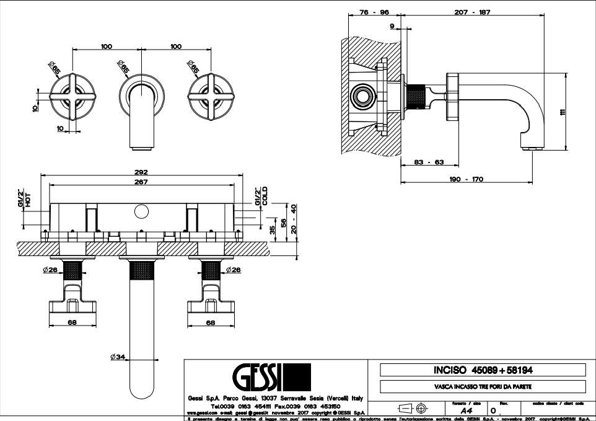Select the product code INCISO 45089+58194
(x=483, y=370)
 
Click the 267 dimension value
(x=141, y=182)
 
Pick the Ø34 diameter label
(x=118, y=357)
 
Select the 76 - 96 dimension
(x=374, y=13)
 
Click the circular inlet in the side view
(x=362, y=97)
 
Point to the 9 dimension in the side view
(x=392, y=25)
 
